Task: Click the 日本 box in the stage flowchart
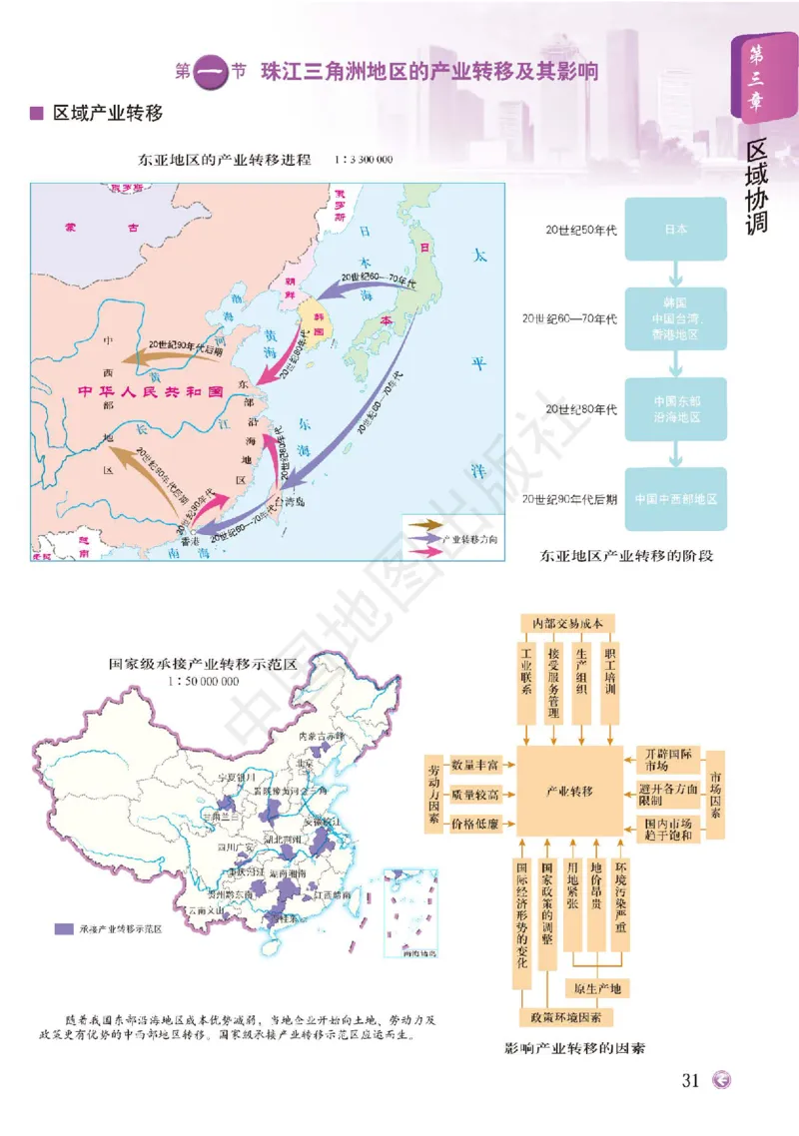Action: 676,229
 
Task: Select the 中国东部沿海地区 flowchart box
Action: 676,409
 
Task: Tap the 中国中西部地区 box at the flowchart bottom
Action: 676,498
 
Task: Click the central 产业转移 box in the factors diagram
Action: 569,791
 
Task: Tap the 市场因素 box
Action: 716,795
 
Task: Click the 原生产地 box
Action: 597,989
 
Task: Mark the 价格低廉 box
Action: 476,825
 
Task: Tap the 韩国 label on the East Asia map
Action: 322,316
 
